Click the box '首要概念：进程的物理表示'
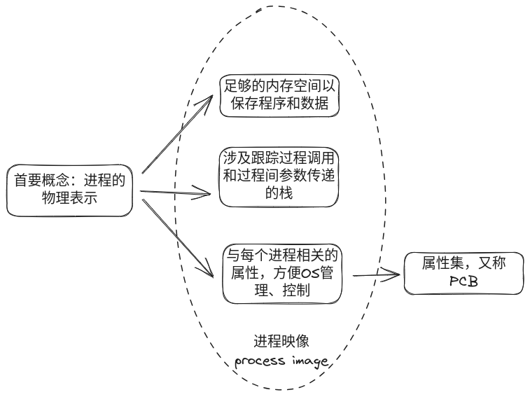coord(69,190)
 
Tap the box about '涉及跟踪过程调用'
coord(279,176)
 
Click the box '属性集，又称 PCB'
coord(464,273)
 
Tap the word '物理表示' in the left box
coord(69,200)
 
